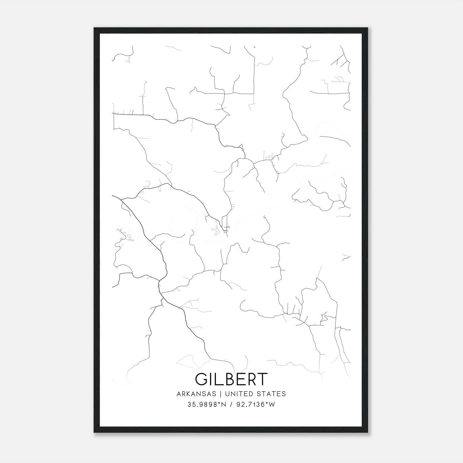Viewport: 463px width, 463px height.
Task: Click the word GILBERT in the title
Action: pos(231,379)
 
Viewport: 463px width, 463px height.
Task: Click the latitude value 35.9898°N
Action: pos(206,405)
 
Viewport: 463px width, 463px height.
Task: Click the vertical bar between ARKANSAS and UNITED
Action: pos(221,394)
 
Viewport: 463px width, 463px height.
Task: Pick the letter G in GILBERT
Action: pos(201,379)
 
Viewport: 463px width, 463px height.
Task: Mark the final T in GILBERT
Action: pos(262,379)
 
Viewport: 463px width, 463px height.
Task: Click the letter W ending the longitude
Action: pos(272,405)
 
